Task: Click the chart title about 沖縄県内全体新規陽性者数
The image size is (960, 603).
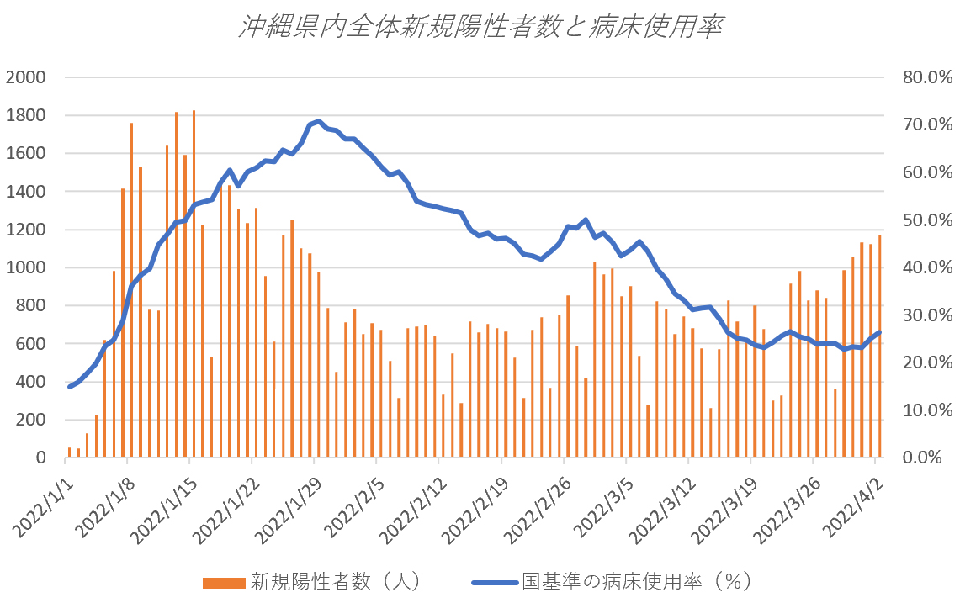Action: click(x=480, y=29)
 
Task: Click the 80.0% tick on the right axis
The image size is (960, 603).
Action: click(x=926, y=77)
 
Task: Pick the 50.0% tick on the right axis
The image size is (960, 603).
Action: click(x=926, y=220)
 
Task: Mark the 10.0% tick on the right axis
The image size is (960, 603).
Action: click(x=926, y=410)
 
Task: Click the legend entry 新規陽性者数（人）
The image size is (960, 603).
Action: click(x=336, y=581)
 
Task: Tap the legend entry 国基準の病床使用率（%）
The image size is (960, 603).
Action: click(x=635, y=581)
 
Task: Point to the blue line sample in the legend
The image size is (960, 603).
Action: click(x=492, y=582)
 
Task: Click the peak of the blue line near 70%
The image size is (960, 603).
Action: click(x=318, y=121)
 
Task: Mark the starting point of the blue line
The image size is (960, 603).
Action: click(x=69, y=387)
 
